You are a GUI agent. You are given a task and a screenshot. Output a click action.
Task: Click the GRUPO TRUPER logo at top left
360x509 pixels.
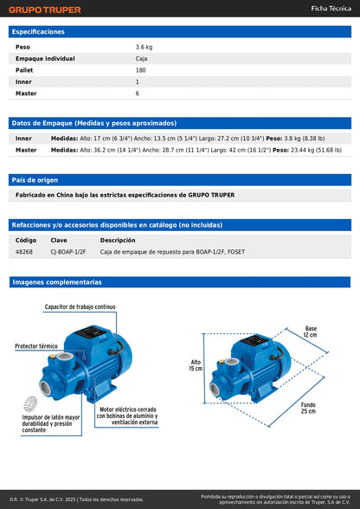click(x=45, y=10)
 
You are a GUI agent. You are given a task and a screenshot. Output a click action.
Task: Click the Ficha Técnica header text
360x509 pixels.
click(x=330, y=10)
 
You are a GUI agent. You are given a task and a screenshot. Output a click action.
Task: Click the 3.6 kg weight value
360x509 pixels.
click(x=144, y=47)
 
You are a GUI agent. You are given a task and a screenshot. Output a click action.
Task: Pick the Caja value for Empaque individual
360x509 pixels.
click(x=143, y=59)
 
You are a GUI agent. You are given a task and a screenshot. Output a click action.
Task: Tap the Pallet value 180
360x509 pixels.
click(x=140, y=70)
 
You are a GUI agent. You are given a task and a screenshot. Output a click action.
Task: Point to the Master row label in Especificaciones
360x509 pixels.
click(x=25, y=93)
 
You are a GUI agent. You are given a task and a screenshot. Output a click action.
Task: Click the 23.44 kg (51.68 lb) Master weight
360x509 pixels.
click(x=310, y=150)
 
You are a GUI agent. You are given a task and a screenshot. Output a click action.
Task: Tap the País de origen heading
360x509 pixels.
click(x=35, y=180)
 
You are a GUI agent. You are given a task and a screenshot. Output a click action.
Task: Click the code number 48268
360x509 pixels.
click(x=24, y=252)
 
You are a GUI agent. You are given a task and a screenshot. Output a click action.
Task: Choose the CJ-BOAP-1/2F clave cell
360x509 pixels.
click(x=68, y=252)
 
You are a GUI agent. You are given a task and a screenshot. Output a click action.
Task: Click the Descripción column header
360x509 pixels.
click(x=118, y=240)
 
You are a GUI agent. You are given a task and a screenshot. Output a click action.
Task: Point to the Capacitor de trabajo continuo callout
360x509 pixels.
click(x=80, y=307)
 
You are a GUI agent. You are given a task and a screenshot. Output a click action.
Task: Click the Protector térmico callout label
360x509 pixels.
click(x=37, y=345)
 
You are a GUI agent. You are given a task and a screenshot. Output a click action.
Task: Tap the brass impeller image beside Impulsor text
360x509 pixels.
click(x=31, y=403)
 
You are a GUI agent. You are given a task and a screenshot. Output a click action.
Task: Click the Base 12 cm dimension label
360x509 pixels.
click(x=311, y=332)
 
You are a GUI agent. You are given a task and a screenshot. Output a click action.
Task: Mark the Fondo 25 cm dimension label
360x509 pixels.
click(x=307, y=408)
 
